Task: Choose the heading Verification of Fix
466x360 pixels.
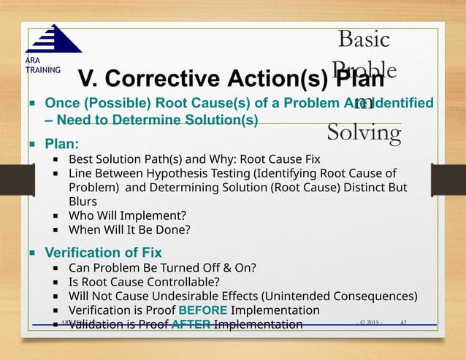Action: coord(104,253)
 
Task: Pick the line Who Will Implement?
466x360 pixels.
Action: coord(127,215)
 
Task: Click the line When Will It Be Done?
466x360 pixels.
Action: coord(129,230)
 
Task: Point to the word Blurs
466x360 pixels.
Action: coord(83,201)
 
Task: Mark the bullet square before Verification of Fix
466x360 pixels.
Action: coord(32,253)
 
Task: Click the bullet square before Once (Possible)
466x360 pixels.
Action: coord(32,103)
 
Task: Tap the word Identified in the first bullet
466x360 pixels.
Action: coord(400,103)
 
